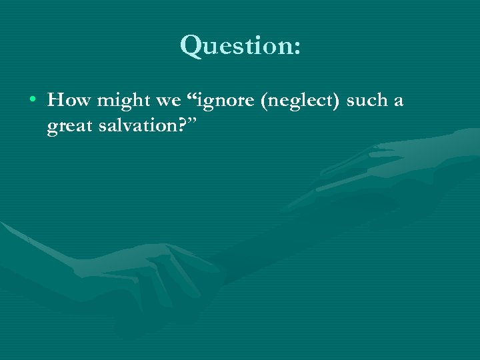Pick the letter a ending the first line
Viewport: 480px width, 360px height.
[398, 103]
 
